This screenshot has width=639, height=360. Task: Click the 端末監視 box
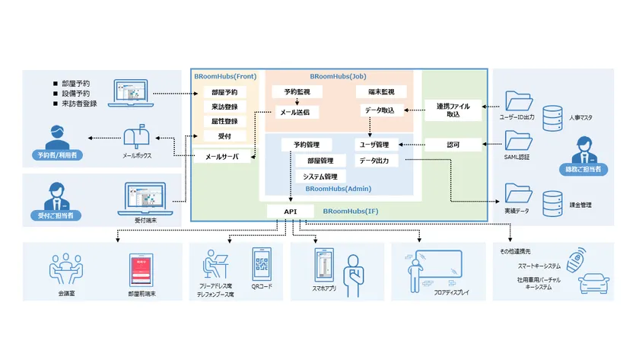[375, 92]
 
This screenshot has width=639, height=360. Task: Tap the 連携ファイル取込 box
[453, 110]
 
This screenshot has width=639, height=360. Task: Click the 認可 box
[453, 144]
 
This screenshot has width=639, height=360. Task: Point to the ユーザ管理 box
[375, 145]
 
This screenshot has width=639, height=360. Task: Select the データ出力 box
[374, 161]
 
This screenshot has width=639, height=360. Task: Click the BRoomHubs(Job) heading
[338, 76]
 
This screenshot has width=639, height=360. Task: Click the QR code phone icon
[262, 263]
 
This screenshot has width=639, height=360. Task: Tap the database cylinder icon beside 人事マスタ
[551, 116]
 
